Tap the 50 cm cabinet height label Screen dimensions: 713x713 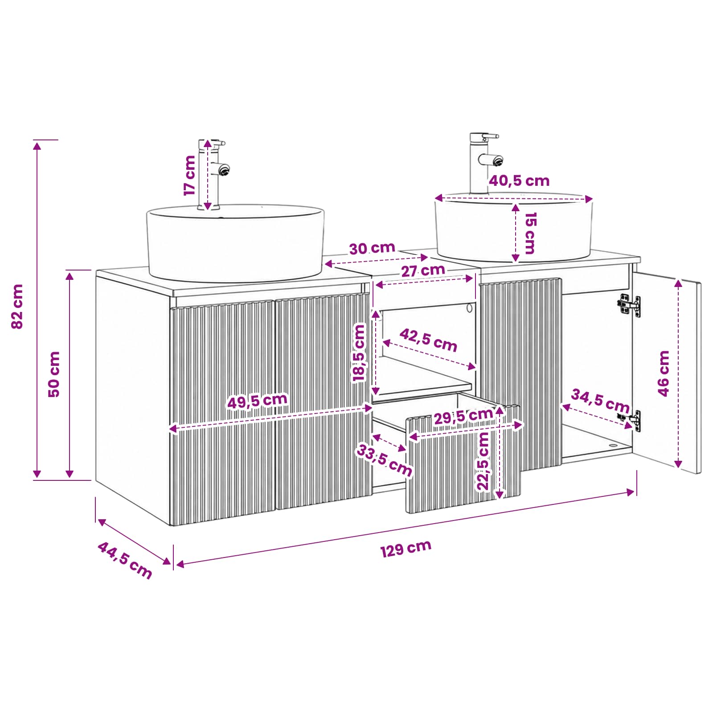(x=53, y=374)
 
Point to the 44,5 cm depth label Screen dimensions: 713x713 (x=125, y=560)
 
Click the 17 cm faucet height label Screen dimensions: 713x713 (x=190, y=175)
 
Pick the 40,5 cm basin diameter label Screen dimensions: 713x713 (x=519, y=180)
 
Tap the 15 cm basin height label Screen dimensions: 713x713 (x=530, y=233)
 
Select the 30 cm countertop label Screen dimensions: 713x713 (x=372, y=248)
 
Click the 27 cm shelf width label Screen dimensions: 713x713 (x=423, y=270)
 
